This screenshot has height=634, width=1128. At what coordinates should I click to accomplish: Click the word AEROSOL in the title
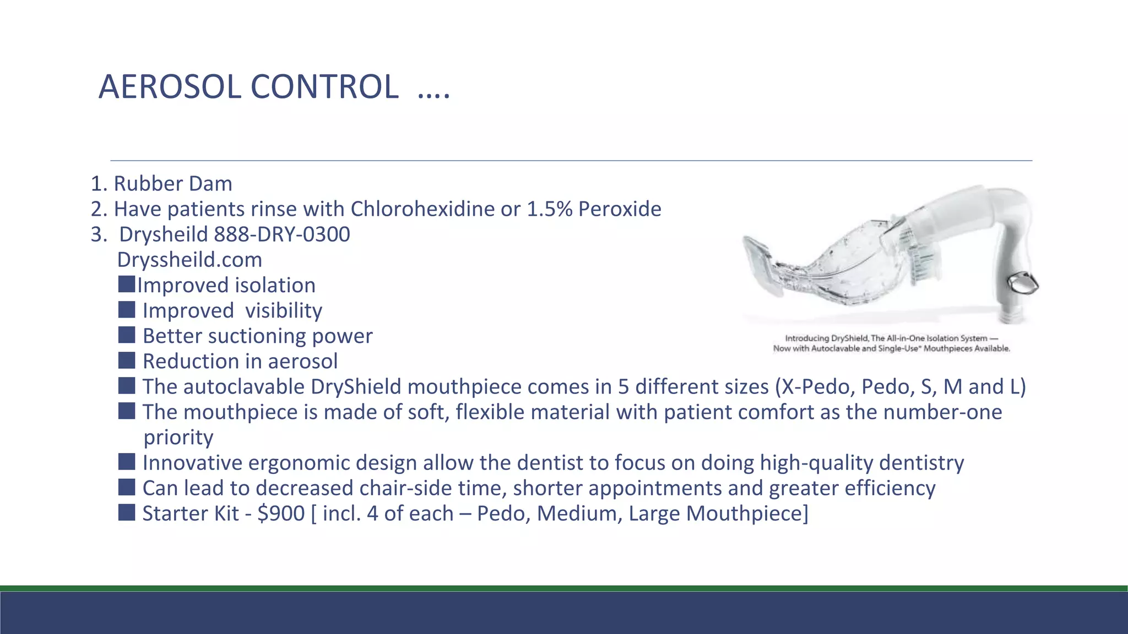click(x=170, y=87)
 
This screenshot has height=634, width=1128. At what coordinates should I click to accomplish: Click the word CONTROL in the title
click(x=324, y=87)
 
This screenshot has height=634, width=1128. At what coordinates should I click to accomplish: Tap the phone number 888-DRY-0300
click(x=281, y=234)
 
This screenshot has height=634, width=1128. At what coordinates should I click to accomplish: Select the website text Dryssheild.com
click(x=189, y=260)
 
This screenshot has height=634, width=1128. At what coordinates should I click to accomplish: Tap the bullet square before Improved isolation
click(x=126, y=285)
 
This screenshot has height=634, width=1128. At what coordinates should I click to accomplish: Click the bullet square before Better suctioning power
click(x=126, y=335)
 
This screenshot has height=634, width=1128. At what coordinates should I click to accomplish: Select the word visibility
click(x=283, y=311)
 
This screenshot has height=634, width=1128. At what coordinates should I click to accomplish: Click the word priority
click(x=178, y=438)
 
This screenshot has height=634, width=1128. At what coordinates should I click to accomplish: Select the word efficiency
click(x=890, y=488)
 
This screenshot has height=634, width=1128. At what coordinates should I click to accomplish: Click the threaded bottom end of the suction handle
click(x=1014, y=317)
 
